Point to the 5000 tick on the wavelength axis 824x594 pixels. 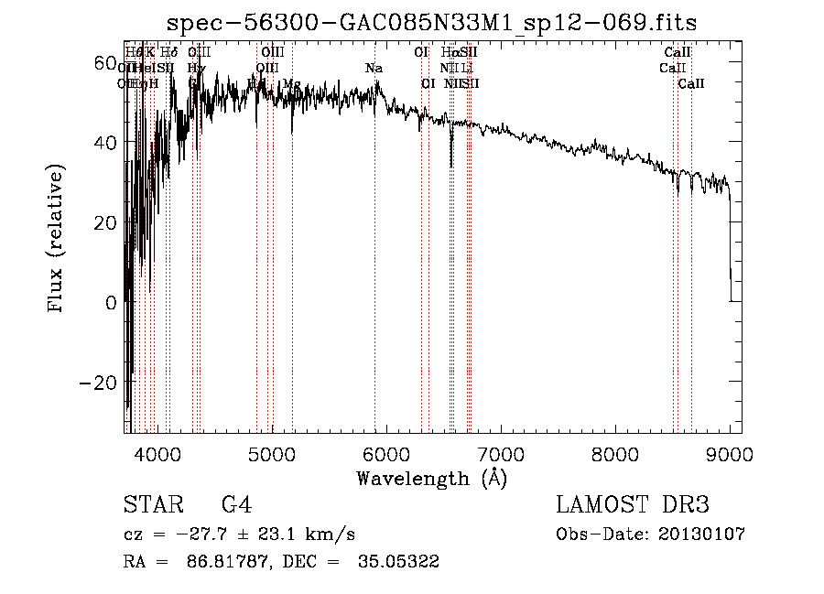point(272,453)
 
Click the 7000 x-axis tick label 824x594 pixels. point(501,453)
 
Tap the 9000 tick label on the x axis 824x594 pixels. point(730,453)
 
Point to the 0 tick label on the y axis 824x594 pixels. point(110,302)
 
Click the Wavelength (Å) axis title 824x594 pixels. point(431,478)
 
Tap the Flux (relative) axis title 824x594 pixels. point(58,240)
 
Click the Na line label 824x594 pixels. point(374,69)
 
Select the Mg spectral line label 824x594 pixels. point(291,84)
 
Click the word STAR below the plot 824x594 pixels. point(153,504)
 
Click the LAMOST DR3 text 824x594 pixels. point(633,504)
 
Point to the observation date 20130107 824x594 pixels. point(701,535)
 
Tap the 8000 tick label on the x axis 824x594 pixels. point(615,453)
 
